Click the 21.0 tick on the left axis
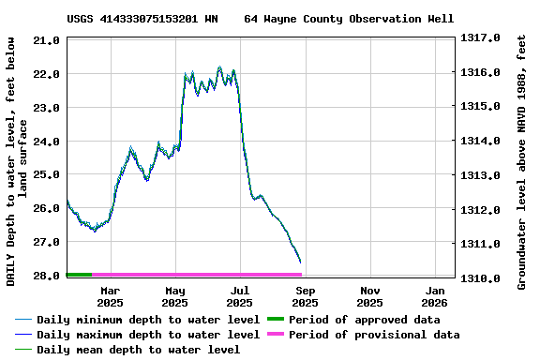point(44,41)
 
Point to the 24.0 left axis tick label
point(44,142)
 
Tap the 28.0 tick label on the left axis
point(44,276)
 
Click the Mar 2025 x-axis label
point(110,296)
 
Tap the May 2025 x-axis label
point(174,296)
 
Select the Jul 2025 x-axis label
point(239,296)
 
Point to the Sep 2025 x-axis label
point(305,296)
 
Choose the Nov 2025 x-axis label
point(369,296)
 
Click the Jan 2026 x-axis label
point(434,296)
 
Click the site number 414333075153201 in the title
point(151,19)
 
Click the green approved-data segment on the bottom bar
point(79,275)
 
